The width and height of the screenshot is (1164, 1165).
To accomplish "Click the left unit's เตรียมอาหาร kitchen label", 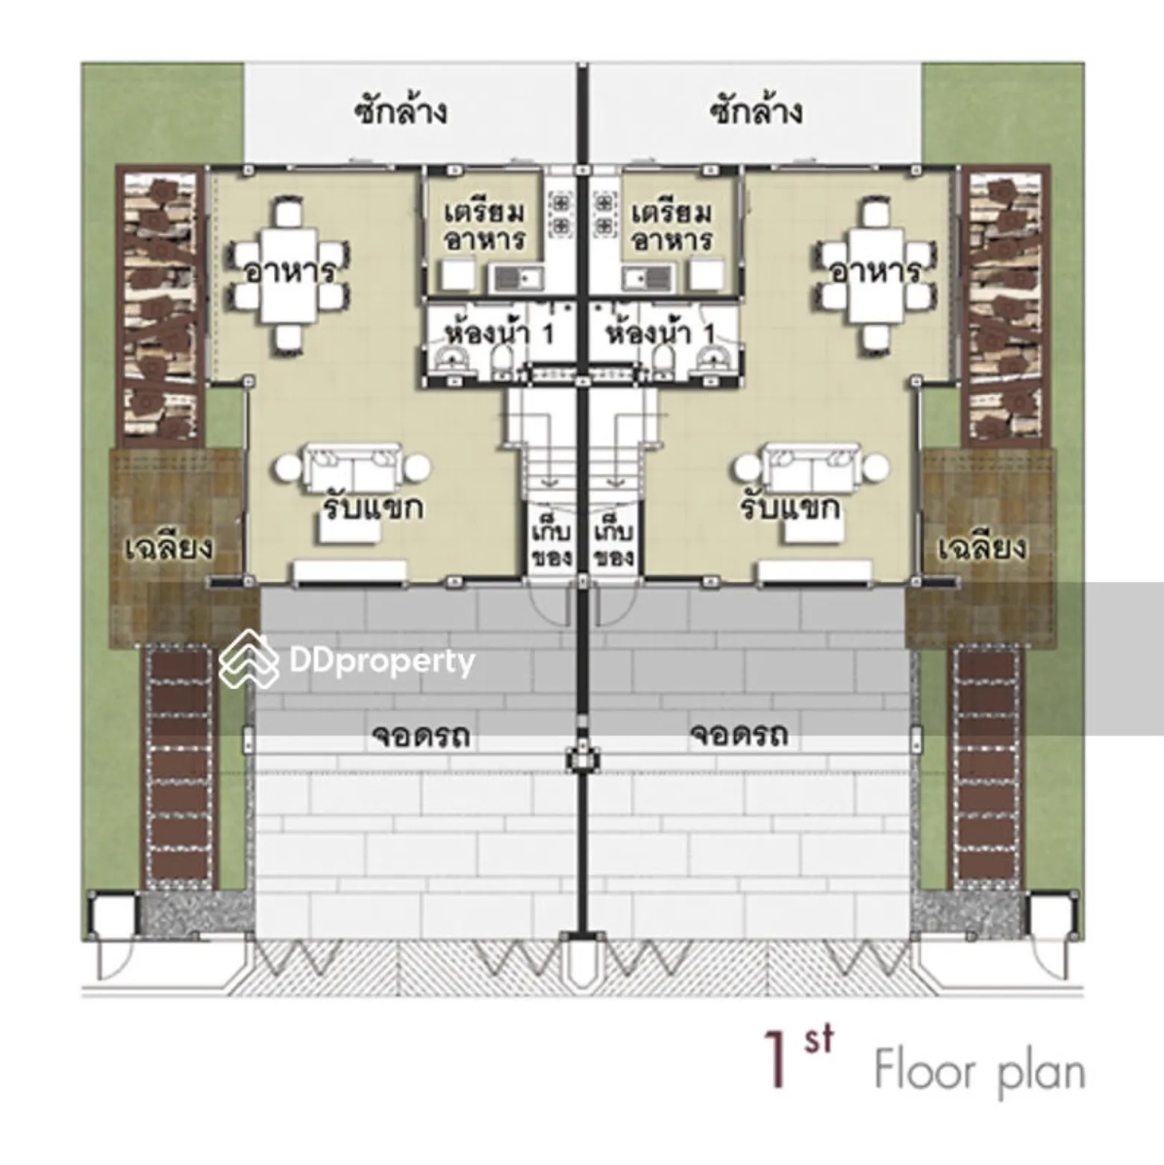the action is click(x=485, y=226).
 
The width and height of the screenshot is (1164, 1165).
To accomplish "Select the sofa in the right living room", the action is click(x=813, y=468).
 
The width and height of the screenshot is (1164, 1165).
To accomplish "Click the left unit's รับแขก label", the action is click(x=373, y=508).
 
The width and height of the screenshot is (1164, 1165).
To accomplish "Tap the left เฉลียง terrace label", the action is click(x=168, y=547).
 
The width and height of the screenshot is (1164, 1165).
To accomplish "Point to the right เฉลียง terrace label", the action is click(x=982, y=547).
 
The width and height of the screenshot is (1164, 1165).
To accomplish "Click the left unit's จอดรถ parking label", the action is click(x=421, y=735).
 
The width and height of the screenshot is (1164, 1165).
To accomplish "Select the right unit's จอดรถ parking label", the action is click(x=739, y=735).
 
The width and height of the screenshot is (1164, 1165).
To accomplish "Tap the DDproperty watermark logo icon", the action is click(x=248, y=659).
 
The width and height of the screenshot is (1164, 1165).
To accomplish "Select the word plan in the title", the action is click(x=1040, y=1072).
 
